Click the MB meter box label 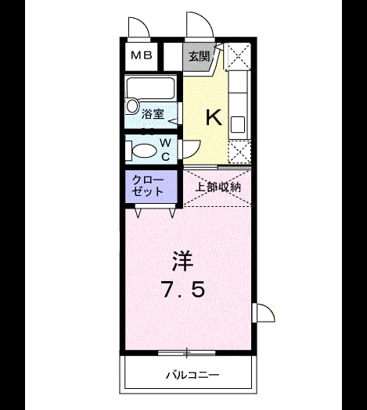click(x=142, y=55)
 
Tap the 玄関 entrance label click(x=200, y=56)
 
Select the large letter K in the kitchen click(x=214, y=117)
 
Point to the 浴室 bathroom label click(x=153, y=114)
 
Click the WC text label click(x=165, y=150)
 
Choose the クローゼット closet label click(x=147, y=186)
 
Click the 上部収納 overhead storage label click(x=218, y=187)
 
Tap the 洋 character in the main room click(x=182, y=261)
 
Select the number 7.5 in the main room click(x=183, y=289)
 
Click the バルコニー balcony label click(x=192, y=376)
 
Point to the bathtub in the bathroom click(x=150, y=88)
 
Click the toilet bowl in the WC click(x=145, y=151)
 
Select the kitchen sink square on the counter click(x=238, y=124)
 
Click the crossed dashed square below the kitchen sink click(x=239, y=152)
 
